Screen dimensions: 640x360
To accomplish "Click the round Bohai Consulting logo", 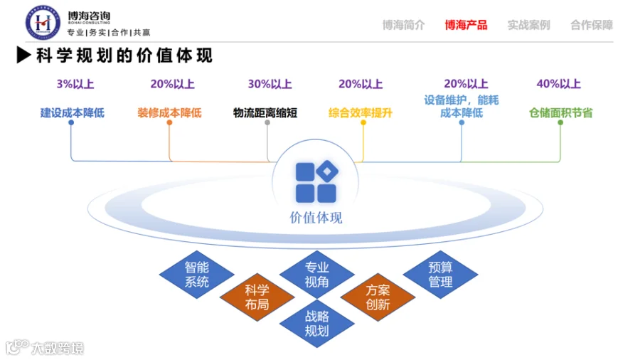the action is click(x=43, y=23).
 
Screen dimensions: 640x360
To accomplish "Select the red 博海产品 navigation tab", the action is click(x=466, y=26).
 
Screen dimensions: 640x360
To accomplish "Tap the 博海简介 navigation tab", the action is click(x=403, y=26).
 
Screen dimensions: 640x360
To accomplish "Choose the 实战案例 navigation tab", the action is click(x=528, y=26).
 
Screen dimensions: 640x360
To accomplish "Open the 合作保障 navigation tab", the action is click(x=592, y=26).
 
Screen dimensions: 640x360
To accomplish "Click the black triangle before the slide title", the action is click(x=23, y=55).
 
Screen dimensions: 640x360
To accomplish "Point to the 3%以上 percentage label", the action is click(x=75, y=84).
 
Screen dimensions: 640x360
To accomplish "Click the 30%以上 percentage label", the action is click(x=270, y=84).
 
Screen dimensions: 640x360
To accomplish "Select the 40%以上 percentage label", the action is click(x=558, y=84).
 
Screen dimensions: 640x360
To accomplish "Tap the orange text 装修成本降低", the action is click(x=169, y=112).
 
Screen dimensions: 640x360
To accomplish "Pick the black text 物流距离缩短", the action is click(x=265, y=112).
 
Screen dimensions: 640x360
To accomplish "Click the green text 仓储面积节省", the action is click(x=561, y=112).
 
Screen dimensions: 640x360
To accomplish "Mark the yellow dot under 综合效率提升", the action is click(x=363, y=122).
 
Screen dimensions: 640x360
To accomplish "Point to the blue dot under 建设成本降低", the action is click(x=71, y=122).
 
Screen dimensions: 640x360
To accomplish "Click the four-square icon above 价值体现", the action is click(x=316, y=182).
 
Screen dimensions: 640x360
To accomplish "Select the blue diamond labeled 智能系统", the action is click(x=197, y=275).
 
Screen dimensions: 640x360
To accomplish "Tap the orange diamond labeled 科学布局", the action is click(x=257, y=297).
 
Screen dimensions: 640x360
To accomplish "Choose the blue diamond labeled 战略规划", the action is click(x=316, y=323).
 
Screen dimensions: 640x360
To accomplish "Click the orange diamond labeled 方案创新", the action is click(x=378, y=297).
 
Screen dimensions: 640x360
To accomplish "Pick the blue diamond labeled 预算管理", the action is click(x=440, y=275).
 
